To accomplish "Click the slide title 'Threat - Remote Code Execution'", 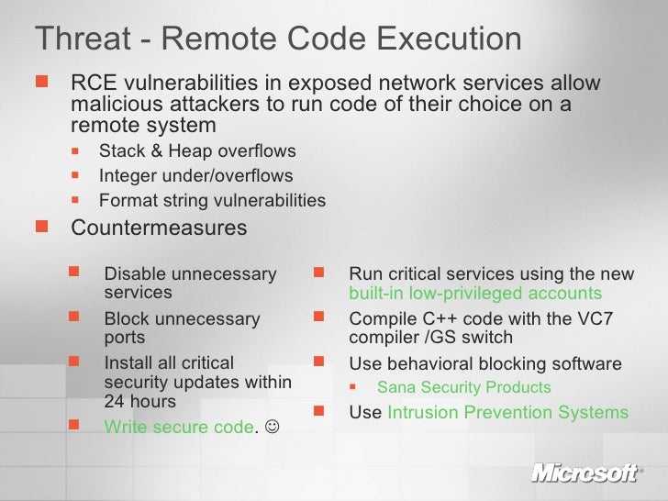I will tap(277, 39).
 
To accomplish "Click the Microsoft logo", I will tap(584, 473).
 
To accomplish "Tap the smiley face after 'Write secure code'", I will tap(273, 428).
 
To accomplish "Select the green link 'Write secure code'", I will tap(178, 428).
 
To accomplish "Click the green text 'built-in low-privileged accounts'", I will tap(475, 294).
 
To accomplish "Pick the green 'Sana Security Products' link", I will tap(464, 387).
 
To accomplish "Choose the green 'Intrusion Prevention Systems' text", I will tap(507, 412).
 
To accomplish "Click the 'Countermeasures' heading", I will tap(159, 227).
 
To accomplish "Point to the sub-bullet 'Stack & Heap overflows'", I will tap(197, 151).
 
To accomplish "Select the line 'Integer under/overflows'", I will tap(195, 175).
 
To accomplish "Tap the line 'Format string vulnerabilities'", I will tap(212, 200).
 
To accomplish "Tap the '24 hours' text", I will tap(139, 401).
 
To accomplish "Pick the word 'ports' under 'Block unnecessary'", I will tap(125, 337).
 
